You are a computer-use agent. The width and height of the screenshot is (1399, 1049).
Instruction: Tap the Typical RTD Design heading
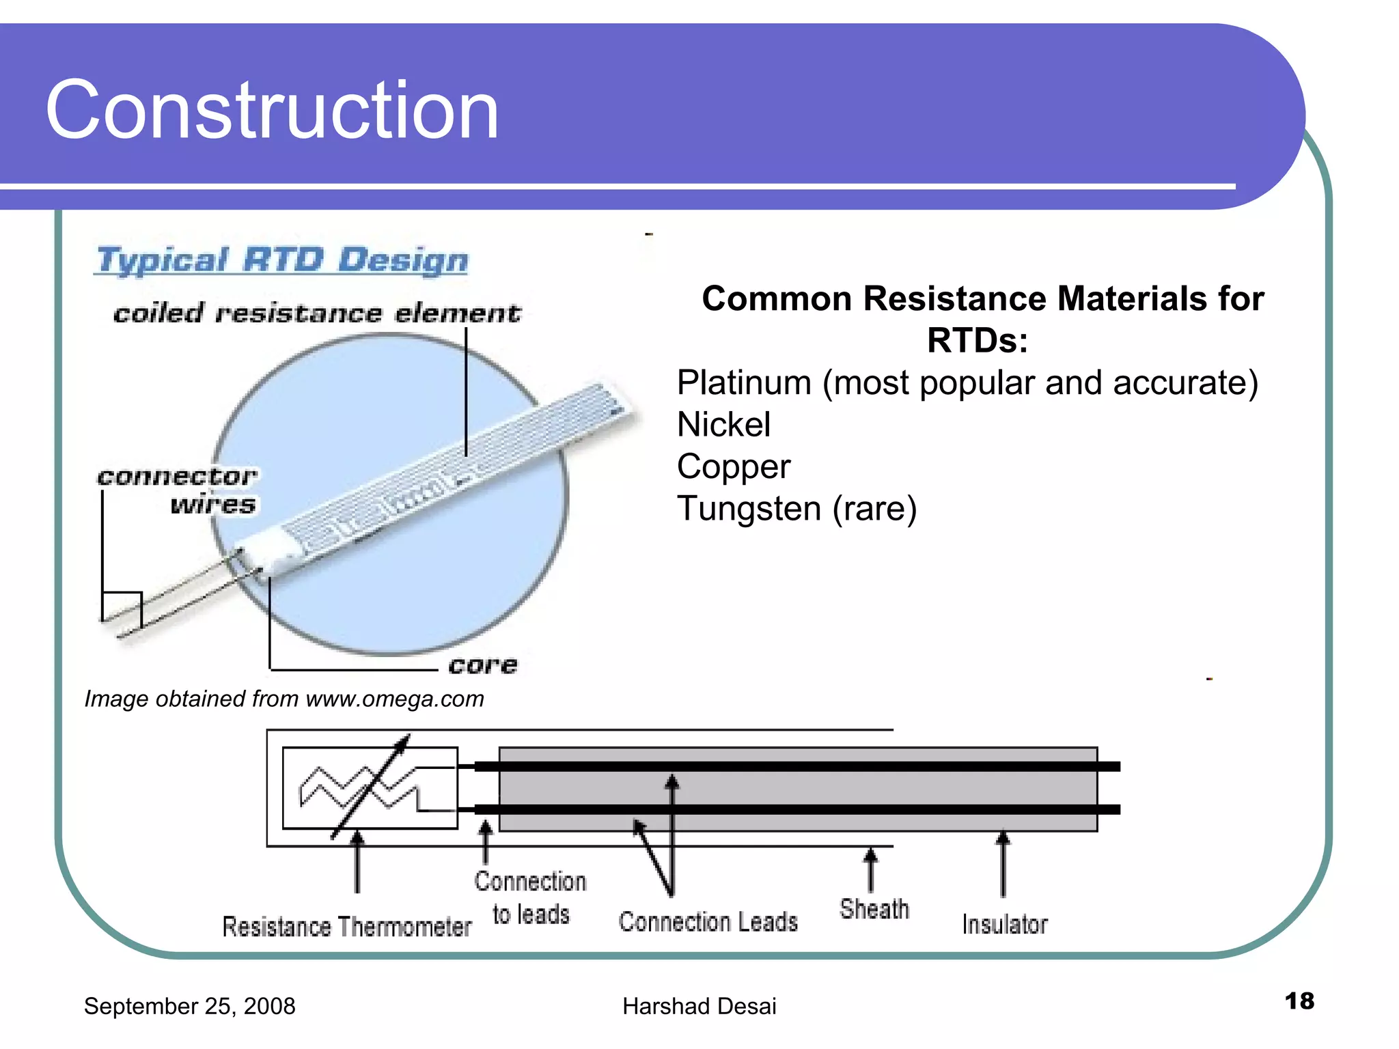point(282,260)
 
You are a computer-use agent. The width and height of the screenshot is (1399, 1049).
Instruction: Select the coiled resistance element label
point(316,313)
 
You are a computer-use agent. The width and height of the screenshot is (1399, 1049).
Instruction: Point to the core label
point(482,665)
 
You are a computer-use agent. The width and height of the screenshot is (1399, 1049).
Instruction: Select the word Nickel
point(723,425)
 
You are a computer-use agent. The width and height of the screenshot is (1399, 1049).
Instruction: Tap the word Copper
point(733,467)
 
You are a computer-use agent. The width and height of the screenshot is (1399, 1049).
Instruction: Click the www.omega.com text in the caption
point(395,699)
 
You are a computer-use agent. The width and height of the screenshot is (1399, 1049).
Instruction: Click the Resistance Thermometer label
point(346,927)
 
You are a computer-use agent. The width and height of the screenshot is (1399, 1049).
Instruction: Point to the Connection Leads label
point(708,922)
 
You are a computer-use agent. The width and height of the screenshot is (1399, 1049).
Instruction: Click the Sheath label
point(874,910)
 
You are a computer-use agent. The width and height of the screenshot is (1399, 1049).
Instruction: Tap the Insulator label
point(1004,924)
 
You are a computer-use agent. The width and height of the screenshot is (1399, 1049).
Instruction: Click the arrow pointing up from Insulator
point(1003,863)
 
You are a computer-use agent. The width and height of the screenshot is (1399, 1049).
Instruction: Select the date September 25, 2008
point(189,1006)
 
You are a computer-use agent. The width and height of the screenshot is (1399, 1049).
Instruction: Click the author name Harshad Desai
point(699,1006)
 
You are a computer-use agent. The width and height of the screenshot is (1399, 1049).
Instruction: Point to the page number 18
point(1299,1001)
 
